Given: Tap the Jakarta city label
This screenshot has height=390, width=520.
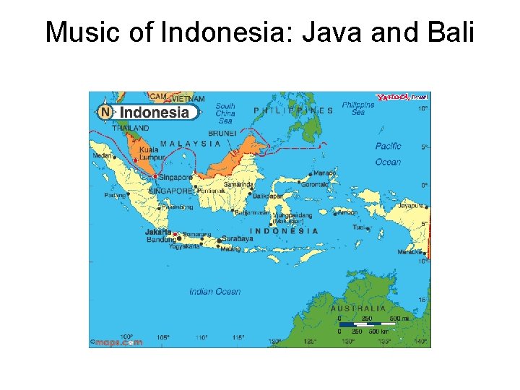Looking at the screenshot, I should coord(158,232).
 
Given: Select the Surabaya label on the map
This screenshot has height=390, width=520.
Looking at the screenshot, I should coord(237,238).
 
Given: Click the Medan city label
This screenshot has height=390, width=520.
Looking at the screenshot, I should coord(103,155).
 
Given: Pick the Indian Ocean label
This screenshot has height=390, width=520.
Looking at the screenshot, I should coord(214,291).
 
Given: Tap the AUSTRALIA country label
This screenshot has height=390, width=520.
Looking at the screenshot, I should coord(358,308).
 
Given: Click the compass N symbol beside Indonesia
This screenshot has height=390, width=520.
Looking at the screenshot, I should coord(105,112).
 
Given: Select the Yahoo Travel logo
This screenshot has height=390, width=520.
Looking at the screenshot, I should coord(402,97).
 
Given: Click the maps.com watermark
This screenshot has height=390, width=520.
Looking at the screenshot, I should coord(118,342).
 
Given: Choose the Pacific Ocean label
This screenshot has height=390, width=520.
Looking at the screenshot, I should coord(388,154).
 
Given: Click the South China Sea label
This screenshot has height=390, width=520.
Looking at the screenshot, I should coord(225,113).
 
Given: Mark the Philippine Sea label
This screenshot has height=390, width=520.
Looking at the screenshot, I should coord(358,108).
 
